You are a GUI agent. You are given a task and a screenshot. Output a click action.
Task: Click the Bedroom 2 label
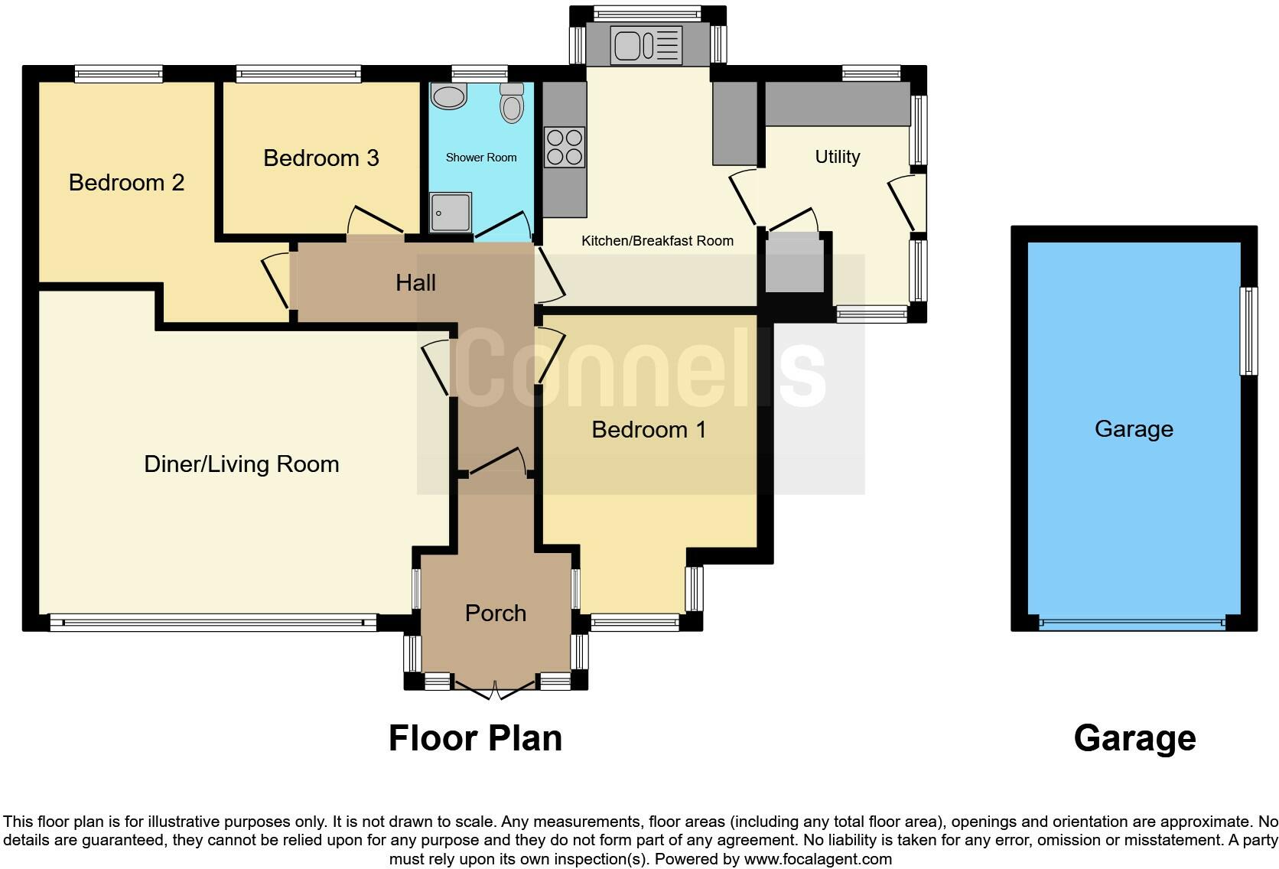coord(126,183)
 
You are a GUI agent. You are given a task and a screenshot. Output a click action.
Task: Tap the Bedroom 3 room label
coord(321,158)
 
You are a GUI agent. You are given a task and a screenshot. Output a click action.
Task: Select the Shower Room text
coord(481,158)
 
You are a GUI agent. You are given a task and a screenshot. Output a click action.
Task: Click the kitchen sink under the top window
coord(646,45)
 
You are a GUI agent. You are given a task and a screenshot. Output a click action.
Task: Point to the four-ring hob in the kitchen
coord(565,148)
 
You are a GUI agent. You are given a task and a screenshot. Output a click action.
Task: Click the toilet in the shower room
coord(512,103)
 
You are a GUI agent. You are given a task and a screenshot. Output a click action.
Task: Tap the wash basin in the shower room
coord(449,96)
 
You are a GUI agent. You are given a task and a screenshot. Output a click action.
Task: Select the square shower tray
coord(451,212)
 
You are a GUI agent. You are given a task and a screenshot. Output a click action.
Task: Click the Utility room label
coord(837,157)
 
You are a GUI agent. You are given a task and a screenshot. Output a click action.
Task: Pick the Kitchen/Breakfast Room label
coord(657,241)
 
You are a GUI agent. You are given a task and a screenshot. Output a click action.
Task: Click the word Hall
coord(415,283)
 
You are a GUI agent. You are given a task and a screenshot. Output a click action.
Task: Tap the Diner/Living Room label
coord(241,464)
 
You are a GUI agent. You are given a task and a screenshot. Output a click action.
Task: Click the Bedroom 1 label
coord(649,430)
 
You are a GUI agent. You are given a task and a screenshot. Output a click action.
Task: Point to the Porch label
coord(496,614)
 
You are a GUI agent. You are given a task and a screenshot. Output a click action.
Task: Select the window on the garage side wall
coord(1248,331)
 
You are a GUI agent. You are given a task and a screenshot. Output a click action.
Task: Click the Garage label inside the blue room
coord(1134,429)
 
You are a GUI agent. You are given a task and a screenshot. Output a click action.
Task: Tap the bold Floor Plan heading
coord(475,738)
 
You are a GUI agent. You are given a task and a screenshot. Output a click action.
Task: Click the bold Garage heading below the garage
coord(1134,738)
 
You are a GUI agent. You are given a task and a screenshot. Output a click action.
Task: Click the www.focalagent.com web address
coord(817,859)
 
